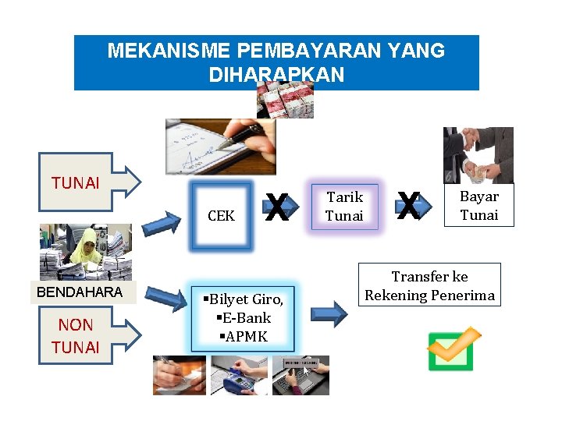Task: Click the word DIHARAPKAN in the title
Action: pyautogui.click(x=276, y=75)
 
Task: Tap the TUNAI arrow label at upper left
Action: pyautogui.click(x=76, y=183)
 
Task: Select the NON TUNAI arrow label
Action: pyautogui.click(x=76, y=336)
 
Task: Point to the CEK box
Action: pyautogui.click(x=222, y=216)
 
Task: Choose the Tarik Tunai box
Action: pyautogui.click(x=344, y=207)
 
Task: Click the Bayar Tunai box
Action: pyautogui.click(x=478, y=206)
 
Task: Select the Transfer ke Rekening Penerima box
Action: pyautogui.click(x=430, y=286)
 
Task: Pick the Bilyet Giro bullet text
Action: pyautogui.click(x=243, y=299)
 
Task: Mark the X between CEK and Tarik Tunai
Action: pyautogui.click(x=278, y=206)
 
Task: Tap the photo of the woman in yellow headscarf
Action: pyautogui.click(x=86, y=252)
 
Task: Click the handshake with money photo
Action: pyautogui.click(x=478, y=155)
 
